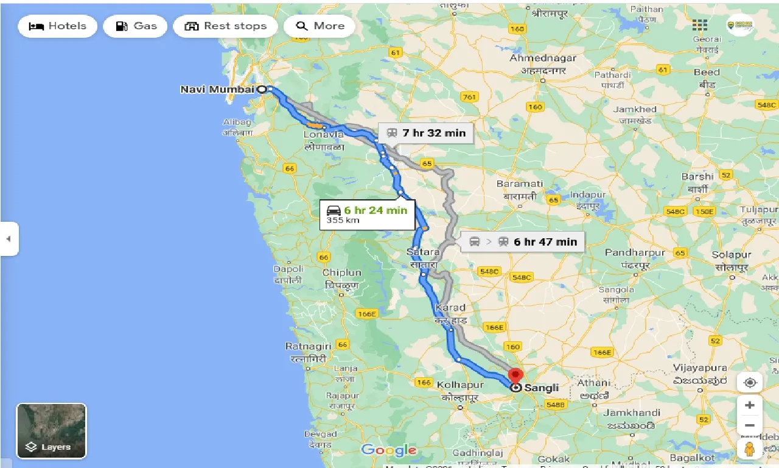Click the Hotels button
click(x=57, y=26)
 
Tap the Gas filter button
click(x=135, y=26)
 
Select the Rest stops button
click(x=225, y=26)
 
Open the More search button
click(x=320, y=26)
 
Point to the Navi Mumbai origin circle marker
click(x=262, y=89)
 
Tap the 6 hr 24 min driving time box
click(x=367, y=214)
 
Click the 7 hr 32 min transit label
click(x=425, y=133)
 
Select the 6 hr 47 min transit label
click(x=523, y=241)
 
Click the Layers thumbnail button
click(x=51, y=431)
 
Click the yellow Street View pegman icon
click(x=749, y=449)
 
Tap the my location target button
click(x=749, y=383)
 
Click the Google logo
click(x=388, y=450)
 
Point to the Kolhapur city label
click(x=460, y=385)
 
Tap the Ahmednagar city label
click(x=542, y=58)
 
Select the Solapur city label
click(x=732, y=255)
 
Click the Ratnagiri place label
click(x=308, y=346)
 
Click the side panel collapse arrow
click(x=9, y=239)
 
